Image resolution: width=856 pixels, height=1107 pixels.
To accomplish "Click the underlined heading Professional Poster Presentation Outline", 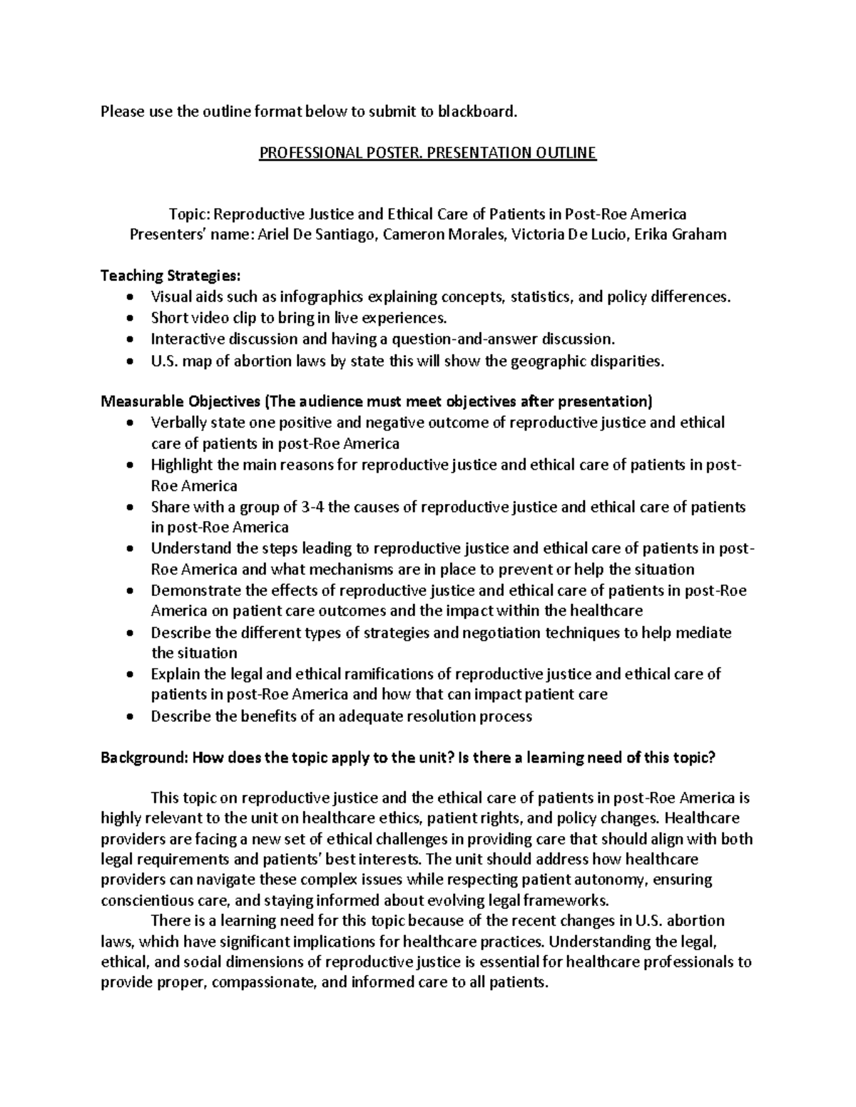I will click(x=427, y=153).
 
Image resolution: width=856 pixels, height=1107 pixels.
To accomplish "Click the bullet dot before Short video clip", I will click(x=128, y=318).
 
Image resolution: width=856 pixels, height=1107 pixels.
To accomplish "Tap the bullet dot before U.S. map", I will click(x=128, y=361).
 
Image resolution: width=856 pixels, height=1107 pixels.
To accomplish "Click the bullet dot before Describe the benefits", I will click(x=128, y=716).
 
